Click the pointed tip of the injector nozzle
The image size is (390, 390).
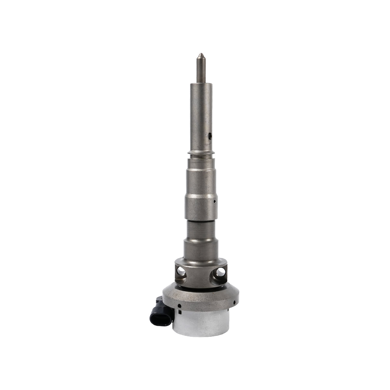click(x=201, y=55)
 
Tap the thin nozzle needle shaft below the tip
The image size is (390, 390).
click(x=201, y=70)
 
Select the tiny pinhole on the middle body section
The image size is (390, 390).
click(x=215, y=201)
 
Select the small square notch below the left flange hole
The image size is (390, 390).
click(x=179, y=312)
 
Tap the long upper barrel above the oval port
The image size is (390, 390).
click(x=201, y=107)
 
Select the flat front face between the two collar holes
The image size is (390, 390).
click(x=201, y=276)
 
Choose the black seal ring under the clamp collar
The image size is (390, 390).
click(x=201, y=288)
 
